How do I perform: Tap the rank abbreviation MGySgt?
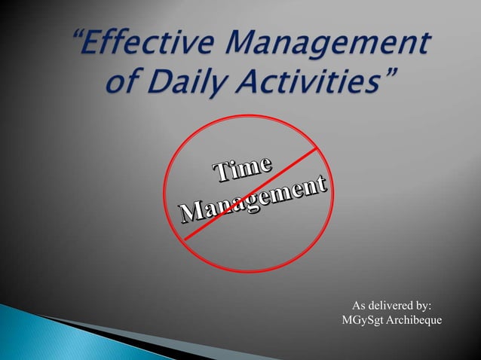click(364, 321)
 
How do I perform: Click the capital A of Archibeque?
click(394, 321)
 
